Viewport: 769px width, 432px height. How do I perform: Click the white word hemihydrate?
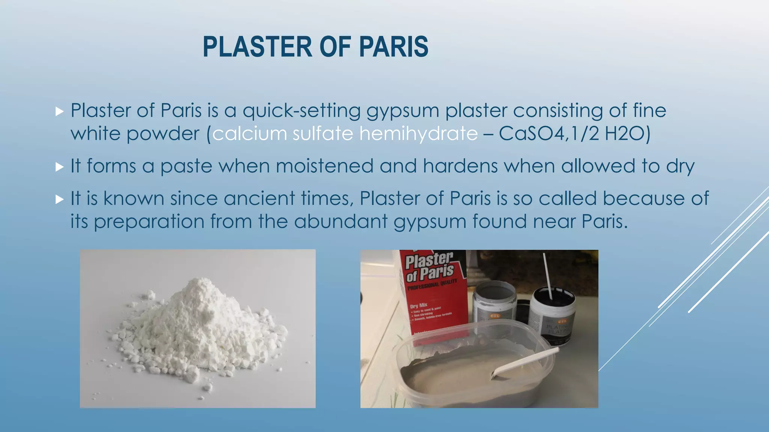[x=418, y=134]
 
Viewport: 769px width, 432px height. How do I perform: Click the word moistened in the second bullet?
[x=324, y=166]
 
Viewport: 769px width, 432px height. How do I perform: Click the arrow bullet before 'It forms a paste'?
[x=59, y=166]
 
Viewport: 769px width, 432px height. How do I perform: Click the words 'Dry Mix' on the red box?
[x=419, y=306]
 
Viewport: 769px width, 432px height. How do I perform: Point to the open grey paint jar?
[x=495, y=300]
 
